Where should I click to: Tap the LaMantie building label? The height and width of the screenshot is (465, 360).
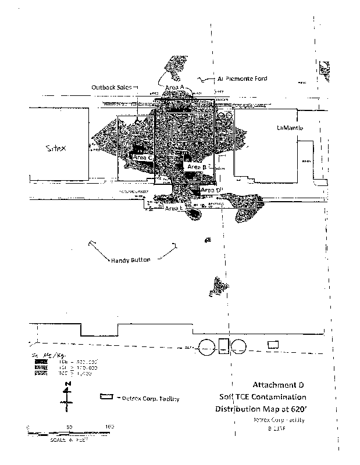pyautogui.click(x=290, y=128)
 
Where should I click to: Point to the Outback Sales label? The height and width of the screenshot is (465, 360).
pyautogui.click(x=111, y=87)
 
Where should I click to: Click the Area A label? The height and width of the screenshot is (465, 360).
pyautogui.click(x=175, y=87)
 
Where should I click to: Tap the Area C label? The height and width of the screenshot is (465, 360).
pyautogui.click(x=142, y=158)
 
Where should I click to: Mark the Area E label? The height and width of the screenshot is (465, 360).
pyautogui.click(x=174, y=208)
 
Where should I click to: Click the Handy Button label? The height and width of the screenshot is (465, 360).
pyautogui.click(x=130, y=260)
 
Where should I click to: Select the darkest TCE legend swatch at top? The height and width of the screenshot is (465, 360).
pyautogui.click(x=40, y=362)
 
